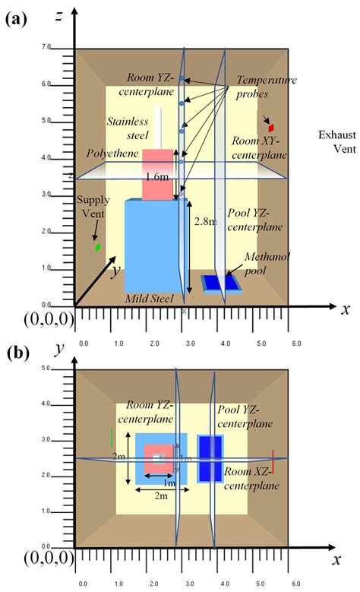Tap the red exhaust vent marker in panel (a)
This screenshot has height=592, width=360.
click(270, 128)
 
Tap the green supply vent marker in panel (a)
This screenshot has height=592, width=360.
click(97, 247)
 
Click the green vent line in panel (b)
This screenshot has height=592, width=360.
click(112, 438)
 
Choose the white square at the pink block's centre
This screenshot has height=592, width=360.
click(157, 458)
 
